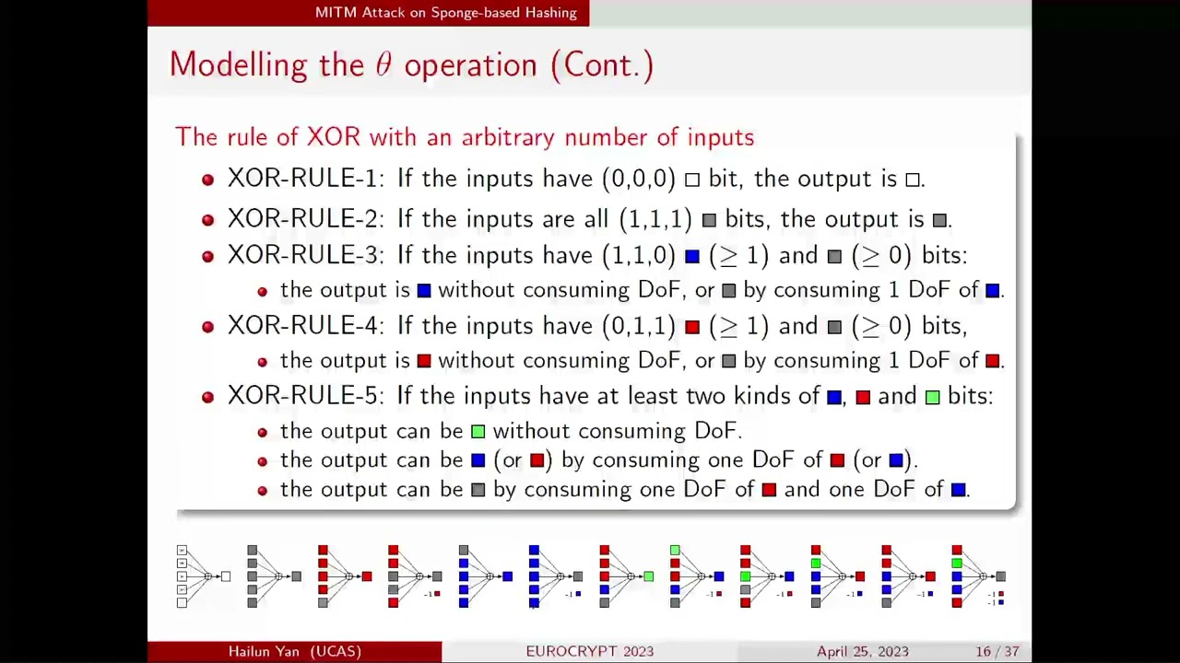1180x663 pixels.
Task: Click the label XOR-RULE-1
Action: click(302, 179)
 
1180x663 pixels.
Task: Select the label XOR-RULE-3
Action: click(302, 255)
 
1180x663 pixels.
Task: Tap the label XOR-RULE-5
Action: click(302, 396)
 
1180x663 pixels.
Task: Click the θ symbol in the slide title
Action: click(383, 65)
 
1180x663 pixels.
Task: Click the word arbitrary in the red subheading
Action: click(508, 137)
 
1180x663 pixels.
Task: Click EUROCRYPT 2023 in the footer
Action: click(589, 651)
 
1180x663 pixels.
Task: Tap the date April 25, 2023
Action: click(862, 651)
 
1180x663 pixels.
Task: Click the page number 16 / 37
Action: click(997, 651)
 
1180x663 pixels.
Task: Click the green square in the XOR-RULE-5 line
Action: click(932, 397)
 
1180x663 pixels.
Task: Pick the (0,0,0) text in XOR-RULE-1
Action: click(639, 179)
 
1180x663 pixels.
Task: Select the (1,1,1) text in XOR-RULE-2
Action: click(655, 219)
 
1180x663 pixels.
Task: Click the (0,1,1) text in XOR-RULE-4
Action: click(639, 326)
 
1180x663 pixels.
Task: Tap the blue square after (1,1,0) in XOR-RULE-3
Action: click(692, 256)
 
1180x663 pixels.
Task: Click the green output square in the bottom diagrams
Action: click(649, 576)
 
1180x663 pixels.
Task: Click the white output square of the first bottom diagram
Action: click(226, 576)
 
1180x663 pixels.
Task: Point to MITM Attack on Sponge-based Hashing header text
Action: click(445, 13)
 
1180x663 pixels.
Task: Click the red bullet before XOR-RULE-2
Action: click(207, 219)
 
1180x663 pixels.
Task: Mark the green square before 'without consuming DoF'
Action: click(478, 431)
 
